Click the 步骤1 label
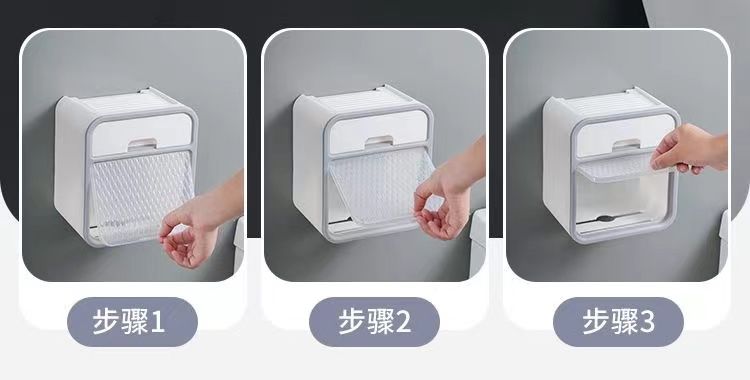pyautogui.click(x=129, y=321)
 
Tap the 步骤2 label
pyautogui.click(x=375, y=321)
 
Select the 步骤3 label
pyautogui.click(x=618, y=321)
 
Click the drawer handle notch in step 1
pyautogui.click(x=142, y=143)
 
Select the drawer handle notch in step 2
pyautogui.click(x=379, y=140)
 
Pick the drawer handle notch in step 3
pyautogui.click(x=626, y=144)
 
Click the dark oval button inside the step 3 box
pyautogui.click(x=605, y=219)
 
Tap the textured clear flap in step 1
pyautogui.click(x=142, y=196)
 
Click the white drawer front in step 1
pyautogui.click(x=142, y=134)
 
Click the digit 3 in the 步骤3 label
pyautogui.click(x=647, y=322)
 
